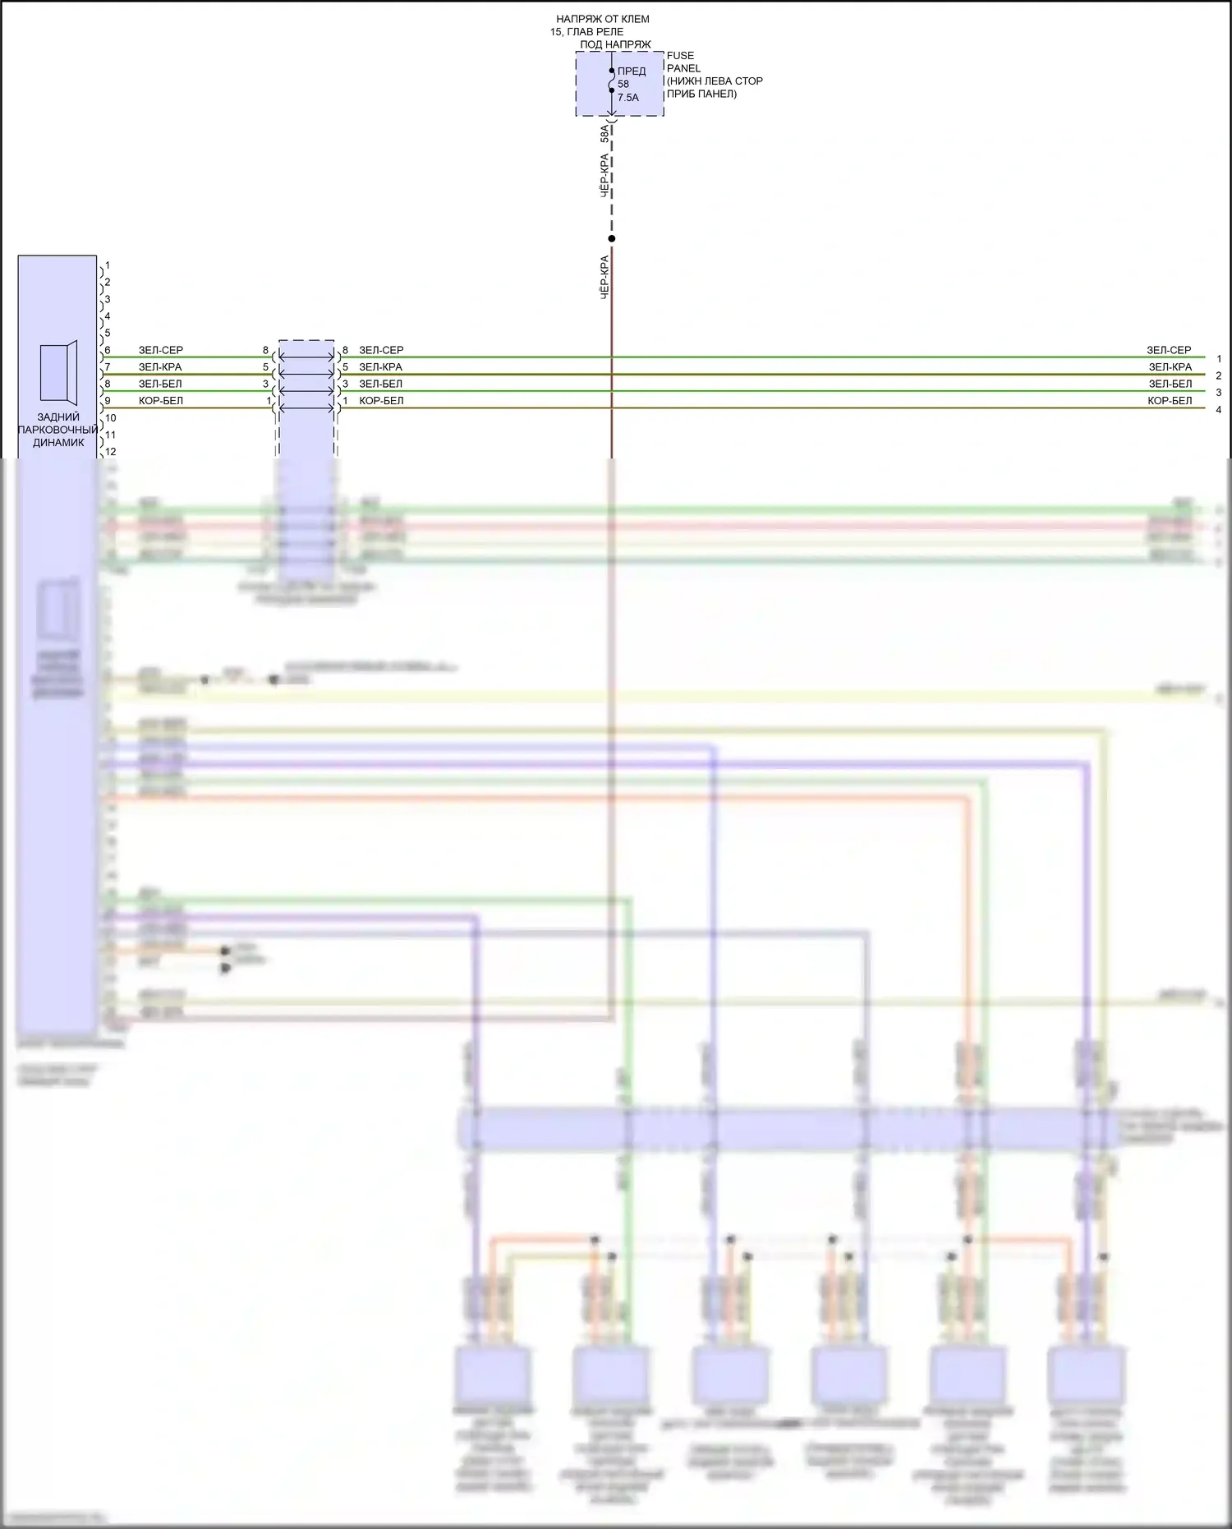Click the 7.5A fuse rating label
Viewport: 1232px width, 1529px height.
(627, 98)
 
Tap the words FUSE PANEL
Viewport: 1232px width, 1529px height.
(683, 62)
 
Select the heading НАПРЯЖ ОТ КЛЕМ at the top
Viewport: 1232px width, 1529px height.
(602, 19)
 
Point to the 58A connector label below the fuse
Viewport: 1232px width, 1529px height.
(605, 133)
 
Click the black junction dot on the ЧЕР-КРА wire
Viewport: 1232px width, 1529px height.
(612, 239)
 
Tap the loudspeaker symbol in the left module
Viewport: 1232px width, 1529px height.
(59, 373)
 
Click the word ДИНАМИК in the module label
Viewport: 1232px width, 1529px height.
(58, 443)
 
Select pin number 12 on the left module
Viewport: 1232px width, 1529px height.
(111, 452)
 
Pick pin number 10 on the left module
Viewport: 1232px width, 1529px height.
(111, 418)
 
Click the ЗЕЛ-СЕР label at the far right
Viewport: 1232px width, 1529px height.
(1169, 350)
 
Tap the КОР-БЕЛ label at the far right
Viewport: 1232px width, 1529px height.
(1170, 401)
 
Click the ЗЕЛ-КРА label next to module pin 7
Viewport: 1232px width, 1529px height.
(160, 367)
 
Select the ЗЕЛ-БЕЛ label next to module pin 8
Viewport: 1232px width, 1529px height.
(160, 384)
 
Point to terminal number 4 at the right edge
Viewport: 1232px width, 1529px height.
(1219, 410)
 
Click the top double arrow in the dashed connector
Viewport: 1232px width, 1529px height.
(306, 357)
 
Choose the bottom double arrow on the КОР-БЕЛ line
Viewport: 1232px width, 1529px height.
(306, 408)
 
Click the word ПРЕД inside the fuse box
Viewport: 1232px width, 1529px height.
(632, 71)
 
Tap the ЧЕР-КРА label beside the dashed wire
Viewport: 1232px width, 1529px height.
(605, 176)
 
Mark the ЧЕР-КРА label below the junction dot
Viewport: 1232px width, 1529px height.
(605, 277)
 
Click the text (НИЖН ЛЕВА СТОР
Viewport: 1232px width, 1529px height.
(715, 81)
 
